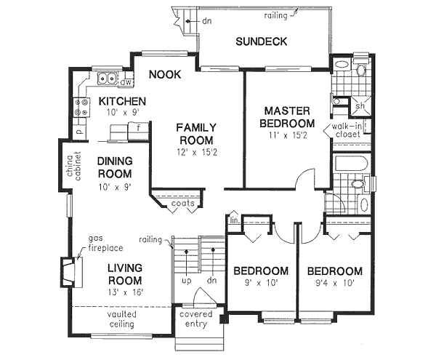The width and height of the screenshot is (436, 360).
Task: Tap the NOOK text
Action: coord(165,74)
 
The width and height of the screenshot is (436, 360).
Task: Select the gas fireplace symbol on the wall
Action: coord(67,271)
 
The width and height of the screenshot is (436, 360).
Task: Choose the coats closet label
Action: coord(182,204)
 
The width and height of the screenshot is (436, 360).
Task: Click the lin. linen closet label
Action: coord(234,220)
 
